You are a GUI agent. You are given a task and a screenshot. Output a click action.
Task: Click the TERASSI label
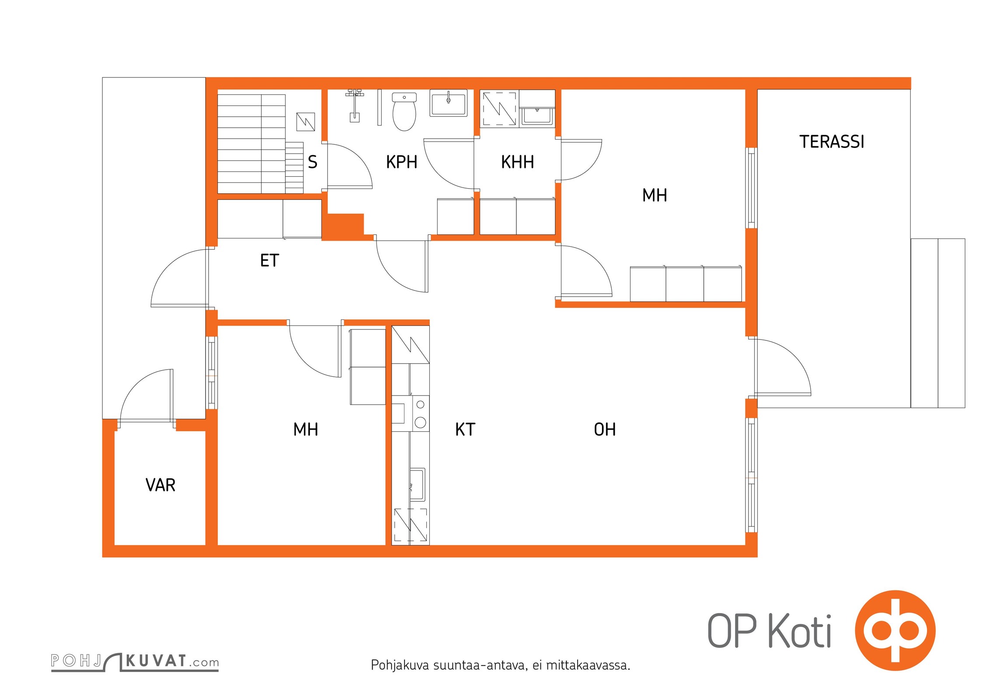pyautogui.click(x=832, y=142)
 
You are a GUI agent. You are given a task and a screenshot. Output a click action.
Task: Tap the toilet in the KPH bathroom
pyautogui.click(x=404, y=112)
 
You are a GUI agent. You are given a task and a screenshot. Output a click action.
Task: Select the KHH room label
pyautogui.click(x=517, y=162)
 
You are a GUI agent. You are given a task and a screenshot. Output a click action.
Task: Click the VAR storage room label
pyautogui.click(x=160, y=485)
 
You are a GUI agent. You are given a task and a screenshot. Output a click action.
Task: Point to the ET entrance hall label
pyautogui.click(x=269, y=261)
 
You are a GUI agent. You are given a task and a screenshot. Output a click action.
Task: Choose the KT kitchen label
pyautogui.click(x=465, y=430)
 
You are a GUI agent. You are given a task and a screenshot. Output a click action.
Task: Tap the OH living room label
pyautogui.click(x=605, y=430)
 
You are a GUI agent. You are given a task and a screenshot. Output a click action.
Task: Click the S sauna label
pyautogui.click(x=312, y=162)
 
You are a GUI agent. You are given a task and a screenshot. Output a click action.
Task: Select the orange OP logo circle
pyautogui.click(x=895, y=630)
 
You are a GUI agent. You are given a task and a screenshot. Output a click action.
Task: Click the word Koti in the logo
pyautogui.click(x=800, y=631)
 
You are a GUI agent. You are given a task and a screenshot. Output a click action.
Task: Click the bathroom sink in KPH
pyautogui.click(x=449, y=103)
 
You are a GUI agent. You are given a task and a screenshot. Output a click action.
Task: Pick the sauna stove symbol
pyautogui.click(x=306, y=122)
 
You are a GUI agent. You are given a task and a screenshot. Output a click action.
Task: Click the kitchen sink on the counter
pyautogui.click(x=417, y=484)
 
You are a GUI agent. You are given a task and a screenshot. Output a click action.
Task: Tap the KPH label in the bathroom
pyautogui.click(x=401, y=162)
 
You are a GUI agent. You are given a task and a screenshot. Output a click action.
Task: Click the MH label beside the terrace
pyautogui.click(x=655, y=196)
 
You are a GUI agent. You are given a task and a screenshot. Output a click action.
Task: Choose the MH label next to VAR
pyautogui.click(x=306, y=430)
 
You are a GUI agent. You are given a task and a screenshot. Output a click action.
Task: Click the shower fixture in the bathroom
pyautogui.click(x=355, y=105)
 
